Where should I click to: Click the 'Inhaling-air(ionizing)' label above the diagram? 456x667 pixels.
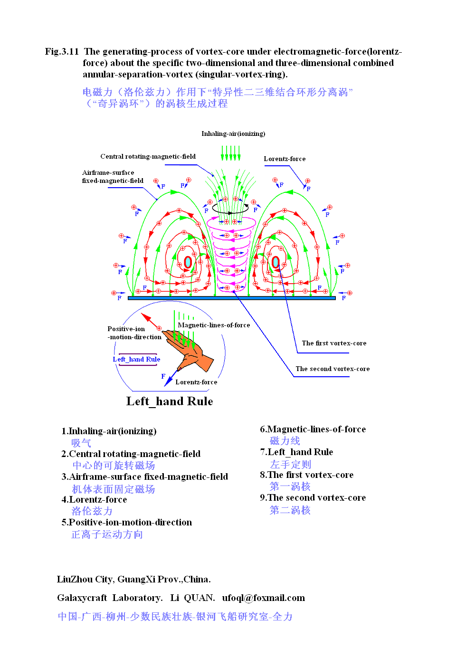(233, 134)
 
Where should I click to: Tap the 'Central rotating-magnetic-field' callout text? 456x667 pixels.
(148, 157)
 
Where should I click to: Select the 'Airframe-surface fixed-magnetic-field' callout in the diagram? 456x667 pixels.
(113, 177)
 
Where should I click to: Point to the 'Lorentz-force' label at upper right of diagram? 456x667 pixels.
(285, 159)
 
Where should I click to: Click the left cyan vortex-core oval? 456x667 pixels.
(188, 262)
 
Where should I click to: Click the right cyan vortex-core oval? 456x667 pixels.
(275, 262)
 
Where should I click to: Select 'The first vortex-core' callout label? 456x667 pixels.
(334, 343)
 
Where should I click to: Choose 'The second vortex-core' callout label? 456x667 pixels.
(332, 369)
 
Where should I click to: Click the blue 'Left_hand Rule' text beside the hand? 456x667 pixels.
(136, 360)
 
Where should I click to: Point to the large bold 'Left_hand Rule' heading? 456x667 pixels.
(170, 401)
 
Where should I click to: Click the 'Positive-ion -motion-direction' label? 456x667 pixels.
(134, 333)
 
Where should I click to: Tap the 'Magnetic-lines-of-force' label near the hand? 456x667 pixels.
(214, 325)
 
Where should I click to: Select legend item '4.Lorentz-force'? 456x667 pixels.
(94, 500)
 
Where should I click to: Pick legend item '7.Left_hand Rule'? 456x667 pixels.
(296, 452)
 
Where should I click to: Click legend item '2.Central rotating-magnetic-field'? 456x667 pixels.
(131, 454)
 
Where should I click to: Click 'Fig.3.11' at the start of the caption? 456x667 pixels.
(62, 52)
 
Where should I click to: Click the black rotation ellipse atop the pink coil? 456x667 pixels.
(230, 208)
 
